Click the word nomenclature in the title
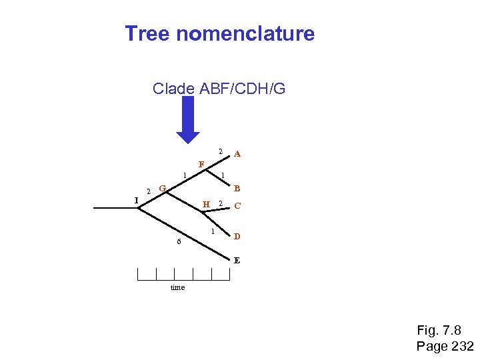tap(245, 34)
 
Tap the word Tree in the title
tap(148, 34)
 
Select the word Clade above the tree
tap(173, 88)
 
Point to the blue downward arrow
tap(188, 120)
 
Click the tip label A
tap(237, 154)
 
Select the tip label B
tap(237, 188)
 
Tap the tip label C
tap(237, 206)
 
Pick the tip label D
tap(237, 237)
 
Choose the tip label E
tap(237, 260)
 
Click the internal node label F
tap(201, 165)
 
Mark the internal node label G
tap(162, 187)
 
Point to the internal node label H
tap(207, 204)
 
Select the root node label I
tap(136, 199)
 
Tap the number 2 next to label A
tap(221, 149)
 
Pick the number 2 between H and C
tap(221, 203)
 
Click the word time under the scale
tap(178, 287)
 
